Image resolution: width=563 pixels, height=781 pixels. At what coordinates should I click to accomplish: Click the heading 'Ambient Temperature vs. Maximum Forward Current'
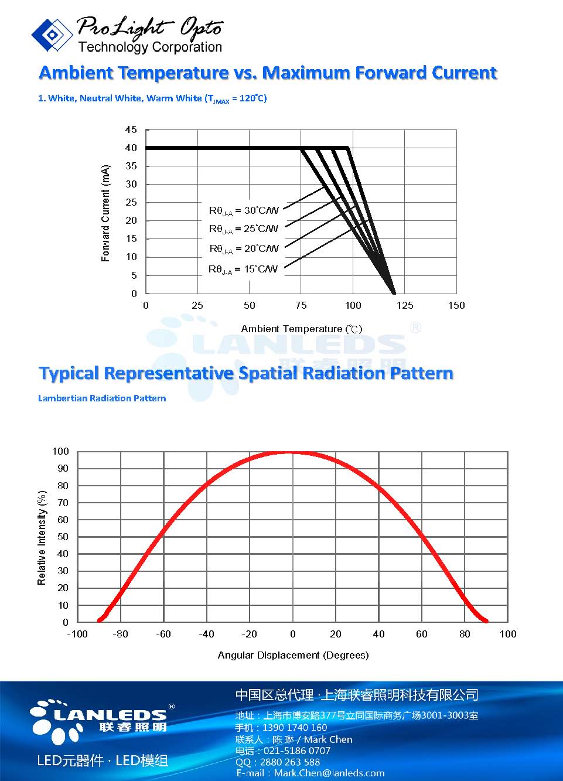coord(268,73)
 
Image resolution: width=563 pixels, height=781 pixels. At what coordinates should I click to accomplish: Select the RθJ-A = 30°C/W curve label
coord(244,210)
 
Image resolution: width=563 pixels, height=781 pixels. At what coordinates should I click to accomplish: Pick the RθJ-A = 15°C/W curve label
coord(243,270)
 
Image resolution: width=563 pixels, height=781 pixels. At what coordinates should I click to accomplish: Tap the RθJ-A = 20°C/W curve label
coord(244,249)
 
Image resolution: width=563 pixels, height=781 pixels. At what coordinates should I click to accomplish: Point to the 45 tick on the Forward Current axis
coord(131,129)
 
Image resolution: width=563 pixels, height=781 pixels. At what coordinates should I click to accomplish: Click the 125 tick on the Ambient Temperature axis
coord(405,305)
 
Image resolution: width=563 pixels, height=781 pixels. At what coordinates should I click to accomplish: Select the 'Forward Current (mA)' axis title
coord(105,213)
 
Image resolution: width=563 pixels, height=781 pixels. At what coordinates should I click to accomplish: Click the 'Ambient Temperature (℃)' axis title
coord(302,329)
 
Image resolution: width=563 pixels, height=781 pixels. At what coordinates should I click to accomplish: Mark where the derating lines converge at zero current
coord(394,293)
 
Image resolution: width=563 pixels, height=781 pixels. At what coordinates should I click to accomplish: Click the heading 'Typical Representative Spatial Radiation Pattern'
coord(245,373)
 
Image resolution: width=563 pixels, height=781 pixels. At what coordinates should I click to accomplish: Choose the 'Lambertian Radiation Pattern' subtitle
coord(102,398)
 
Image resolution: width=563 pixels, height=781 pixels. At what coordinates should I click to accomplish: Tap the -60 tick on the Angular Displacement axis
coord(163,634)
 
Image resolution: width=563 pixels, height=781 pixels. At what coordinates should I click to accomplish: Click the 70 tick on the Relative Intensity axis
coord(62,503)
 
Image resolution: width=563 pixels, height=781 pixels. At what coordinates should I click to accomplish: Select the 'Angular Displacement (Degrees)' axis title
coord(293,655)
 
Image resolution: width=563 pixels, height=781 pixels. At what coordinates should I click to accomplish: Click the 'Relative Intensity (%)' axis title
coord(42,538)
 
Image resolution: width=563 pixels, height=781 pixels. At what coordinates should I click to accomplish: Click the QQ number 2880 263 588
coord(286,762)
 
